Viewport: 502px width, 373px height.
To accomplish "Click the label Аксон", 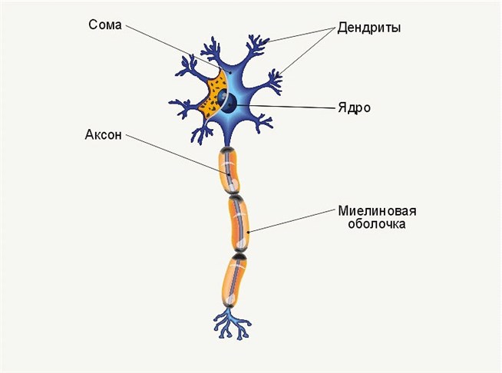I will click(105, 137).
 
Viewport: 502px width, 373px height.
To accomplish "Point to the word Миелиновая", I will click(371, 211).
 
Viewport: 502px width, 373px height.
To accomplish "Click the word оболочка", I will click(371, 225).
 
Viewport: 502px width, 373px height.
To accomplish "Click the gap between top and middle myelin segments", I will click(235, 195).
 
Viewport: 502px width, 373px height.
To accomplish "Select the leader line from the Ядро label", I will click(292, 106).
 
